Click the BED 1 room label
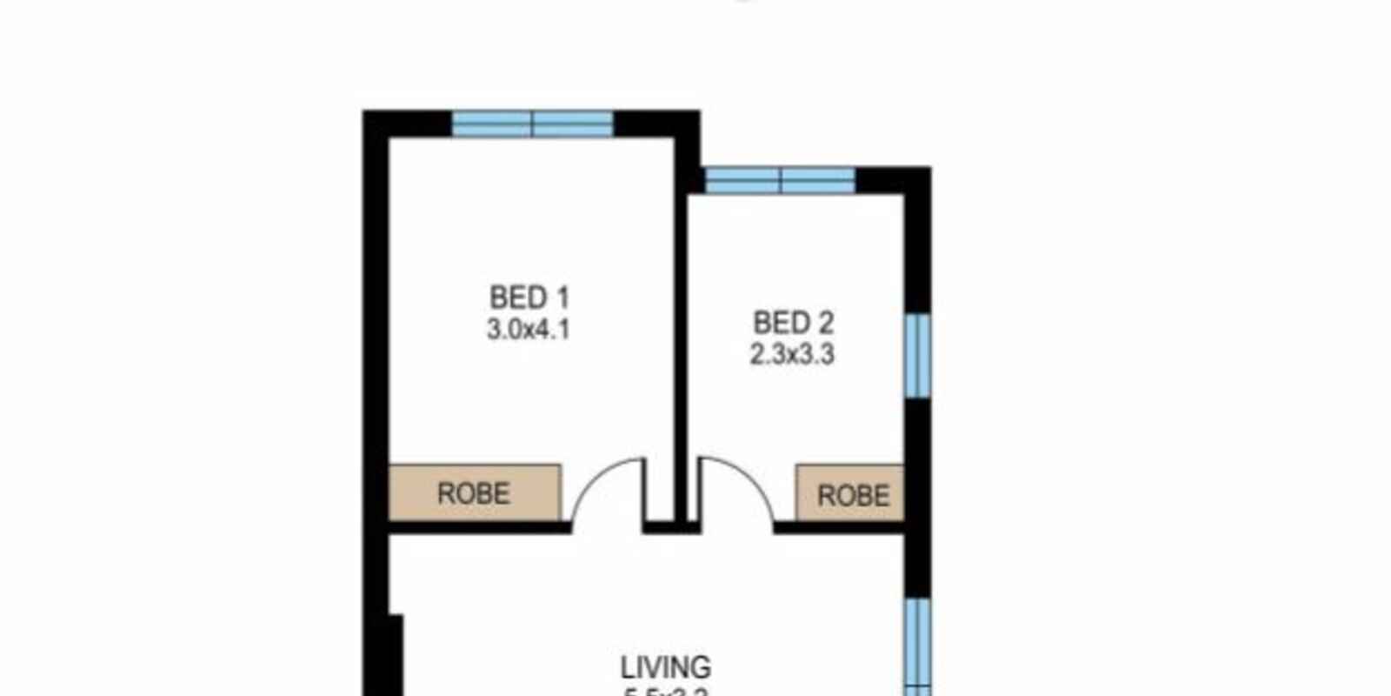click(529, 298)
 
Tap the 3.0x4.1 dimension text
click(529, 331)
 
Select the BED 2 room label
click(793, 324)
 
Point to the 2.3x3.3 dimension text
click(793, 355)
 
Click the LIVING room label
click(666, 667)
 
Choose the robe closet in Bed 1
click(474, 492)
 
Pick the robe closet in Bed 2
click(850, 493)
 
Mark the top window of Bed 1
click(532, 124)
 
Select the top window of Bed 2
click(780, 181)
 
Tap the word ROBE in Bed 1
click(474, 493)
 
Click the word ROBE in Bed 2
click(854, 496)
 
